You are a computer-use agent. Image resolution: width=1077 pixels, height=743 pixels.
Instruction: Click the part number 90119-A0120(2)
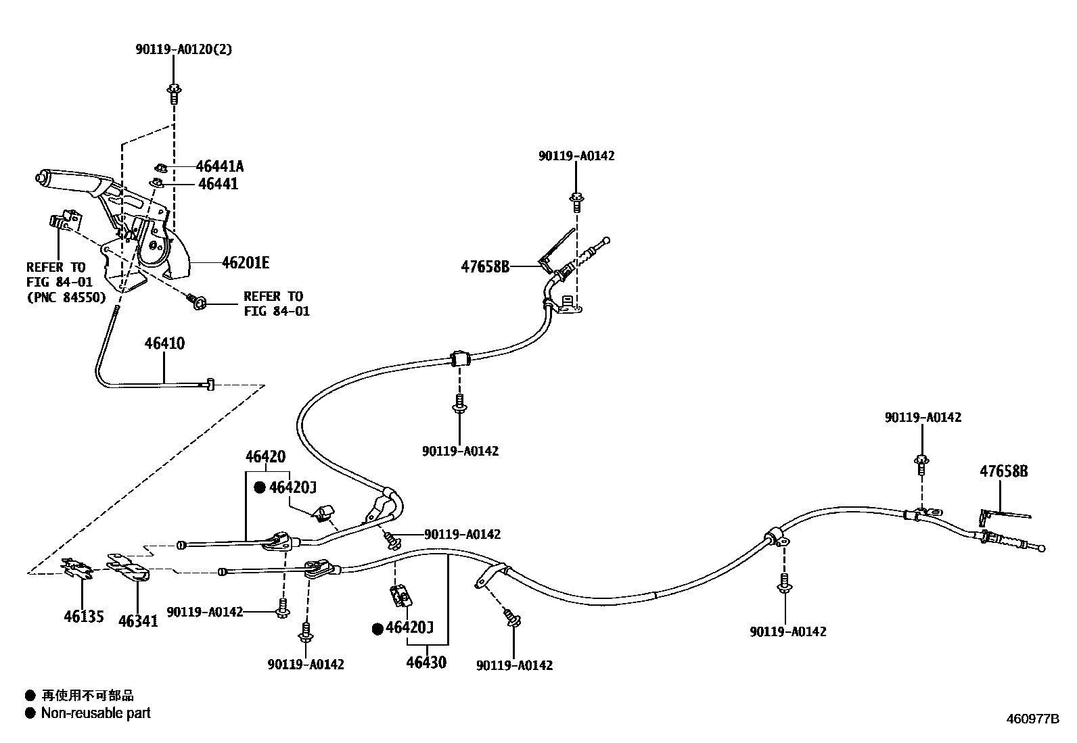(183, 49)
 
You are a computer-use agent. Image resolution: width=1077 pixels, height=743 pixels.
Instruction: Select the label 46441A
(220, 166)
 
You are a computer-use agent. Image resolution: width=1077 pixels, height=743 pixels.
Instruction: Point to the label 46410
(164, 343)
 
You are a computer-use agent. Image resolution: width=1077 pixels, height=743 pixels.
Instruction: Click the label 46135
(84, 616)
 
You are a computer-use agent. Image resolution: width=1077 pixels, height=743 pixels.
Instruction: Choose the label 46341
(138, 620)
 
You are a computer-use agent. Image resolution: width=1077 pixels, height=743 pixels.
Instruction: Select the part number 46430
(426, 662)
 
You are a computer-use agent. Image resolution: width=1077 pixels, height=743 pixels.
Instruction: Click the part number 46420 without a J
(265, 457)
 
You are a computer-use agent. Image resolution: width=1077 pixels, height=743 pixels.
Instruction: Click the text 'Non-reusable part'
(95, 713)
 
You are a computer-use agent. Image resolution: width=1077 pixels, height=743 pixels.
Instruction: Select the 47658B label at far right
(1004, 471)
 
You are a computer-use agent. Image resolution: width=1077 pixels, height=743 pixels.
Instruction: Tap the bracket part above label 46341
(129, 567)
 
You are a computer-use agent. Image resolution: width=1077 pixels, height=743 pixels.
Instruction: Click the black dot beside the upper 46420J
(260, 487)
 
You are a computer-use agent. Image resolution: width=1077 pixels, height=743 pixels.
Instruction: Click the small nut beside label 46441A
(161, 166)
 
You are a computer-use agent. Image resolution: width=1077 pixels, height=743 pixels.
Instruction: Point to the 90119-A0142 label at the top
(576, 155)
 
